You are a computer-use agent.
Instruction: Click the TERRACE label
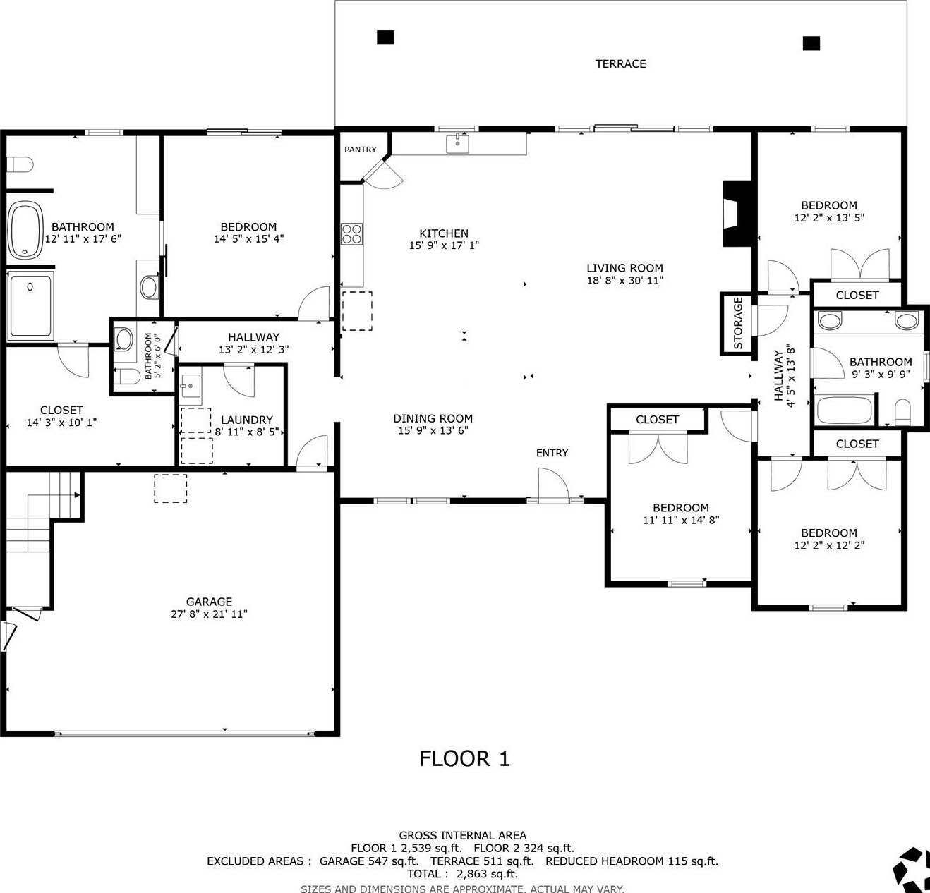click(x=620, y=63)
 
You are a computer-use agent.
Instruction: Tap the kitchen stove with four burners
click(x=351, y=234)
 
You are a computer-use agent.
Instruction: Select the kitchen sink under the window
click(x=457, y=143)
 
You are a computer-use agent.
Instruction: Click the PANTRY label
click(x=361, y=150)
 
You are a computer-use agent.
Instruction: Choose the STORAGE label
click(x=738, y=323)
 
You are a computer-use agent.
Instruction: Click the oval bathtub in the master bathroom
click(x=26, y=230)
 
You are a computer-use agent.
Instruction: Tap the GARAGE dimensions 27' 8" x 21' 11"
click(x=209, y=614)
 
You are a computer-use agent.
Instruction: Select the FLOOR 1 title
click(x=464, y=758)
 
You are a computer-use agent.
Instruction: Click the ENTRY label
click(x=552, y=453)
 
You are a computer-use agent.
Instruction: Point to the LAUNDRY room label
click(x=246, y=420)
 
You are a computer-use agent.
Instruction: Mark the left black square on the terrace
click(x=386, y=37)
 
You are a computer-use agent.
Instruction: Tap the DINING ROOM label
click(x=433, y=418)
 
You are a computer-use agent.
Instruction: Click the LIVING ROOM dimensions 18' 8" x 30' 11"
click(x=624, y=281)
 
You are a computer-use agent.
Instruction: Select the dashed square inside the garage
click(x=171, y=488)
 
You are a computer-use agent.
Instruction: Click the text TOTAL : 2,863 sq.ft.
click(x=462, y=874)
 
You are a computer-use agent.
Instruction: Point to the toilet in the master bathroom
click(x=20, y=164)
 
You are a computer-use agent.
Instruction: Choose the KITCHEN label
click(x=444, y=233)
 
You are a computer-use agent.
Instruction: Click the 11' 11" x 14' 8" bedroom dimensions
click(x=680, y=520)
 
